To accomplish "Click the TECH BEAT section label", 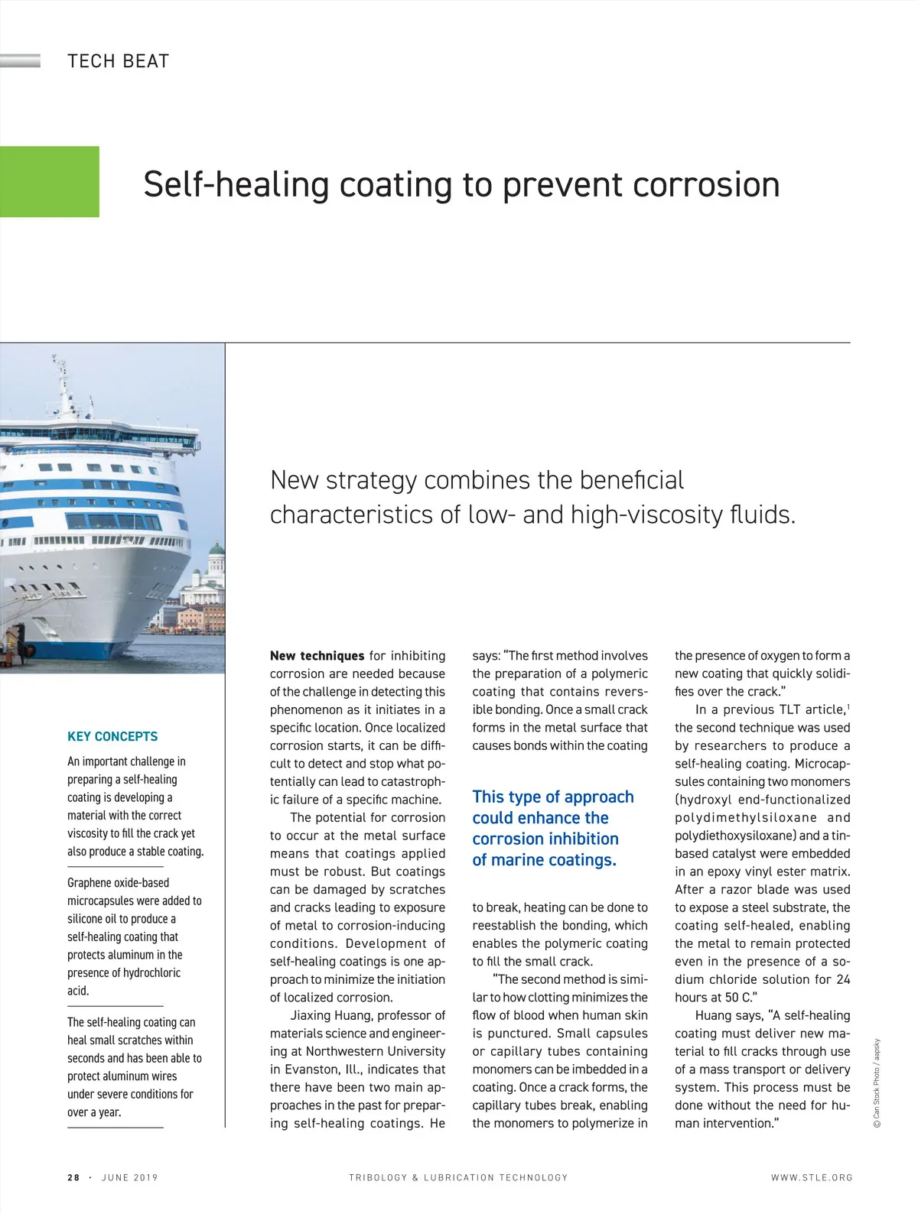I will pos(118,61).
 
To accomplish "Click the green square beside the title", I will pos(49,182).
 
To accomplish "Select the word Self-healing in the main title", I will pos(236,185).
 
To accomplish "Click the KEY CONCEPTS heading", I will pos(112,736).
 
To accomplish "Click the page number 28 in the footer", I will pos(73,1177).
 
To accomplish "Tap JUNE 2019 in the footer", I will pos(129,1177).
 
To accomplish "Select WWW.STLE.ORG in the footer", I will pos(812,1177).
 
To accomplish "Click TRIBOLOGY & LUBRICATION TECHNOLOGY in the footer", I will pos(458,1177).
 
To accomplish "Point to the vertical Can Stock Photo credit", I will pos(877,1083).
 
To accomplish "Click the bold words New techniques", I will pos(317,656).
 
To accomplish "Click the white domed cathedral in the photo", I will pos(216,563).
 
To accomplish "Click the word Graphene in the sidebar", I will pos(90,883).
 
